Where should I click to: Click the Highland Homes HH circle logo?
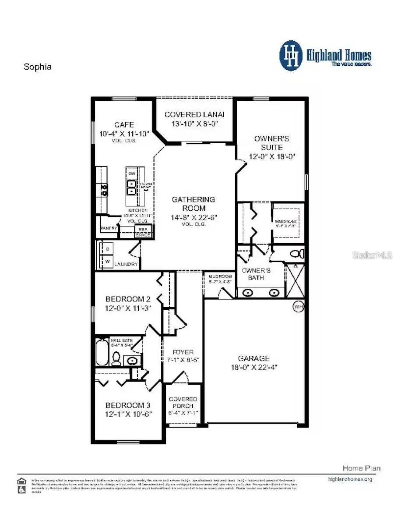tap(291, 56)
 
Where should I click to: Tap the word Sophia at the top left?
tap(37, 67)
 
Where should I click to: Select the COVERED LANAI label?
tap(194, 114)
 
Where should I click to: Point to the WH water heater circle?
tap(298, 307)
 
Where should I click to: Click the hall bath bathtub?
tap(102, 353)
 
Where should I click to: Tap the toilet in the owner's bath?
tap(298, 254)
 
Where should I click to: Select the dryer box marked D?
tap(107, 249)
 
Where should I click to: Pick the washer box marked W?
tap(107, 261)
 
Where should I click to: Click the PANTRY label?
tap(108, 228)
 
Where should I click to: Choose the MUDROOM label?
tap(220, 276)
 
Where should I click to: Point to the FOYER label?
tap(183, 352)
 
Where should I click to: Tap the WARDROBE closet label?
tap(286, 222)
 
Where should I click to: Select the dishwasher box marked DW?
tap(132, 174)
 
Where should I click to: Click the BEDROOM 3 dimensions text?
tap(128, 414)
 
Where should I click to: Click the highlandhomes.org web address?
tap(350, 479)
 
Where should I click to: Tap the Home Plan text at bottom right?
tap(361, 468)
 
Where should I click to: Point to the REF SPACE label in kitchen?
tap(143, 232)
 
